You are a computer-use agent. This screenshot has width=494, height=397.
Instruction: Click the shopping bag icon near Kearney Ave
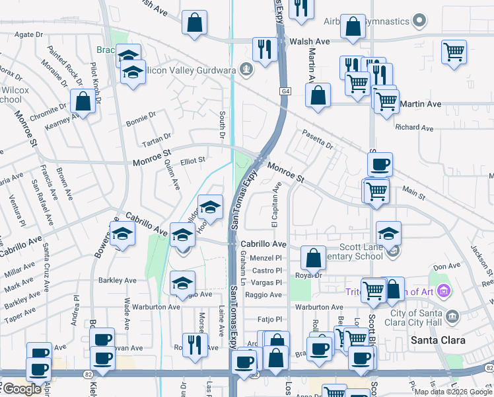tap(83, 102)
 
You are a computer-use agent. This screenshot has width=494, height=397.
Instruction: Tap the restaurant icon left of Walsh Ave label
tap(264, 49)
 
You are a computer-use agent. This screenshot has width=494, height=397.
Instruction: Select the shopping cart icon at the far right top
tap(454, 52)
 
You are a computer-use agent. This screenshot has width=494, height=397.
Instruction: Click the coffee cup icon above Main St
tap(380, 164)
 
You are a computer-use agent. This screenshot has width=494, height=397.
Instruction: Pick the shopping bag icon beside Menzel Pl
tap(313, 257)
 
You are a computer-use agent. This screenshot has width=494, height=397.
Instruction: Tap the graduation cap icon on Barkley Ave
tap(182, 283)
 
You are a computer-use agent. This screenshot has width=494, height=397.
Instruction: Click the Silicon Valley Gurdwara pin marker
tap(246, 68)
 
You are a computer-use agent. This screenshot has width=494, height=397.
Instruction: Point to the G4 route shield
tap(285, 91)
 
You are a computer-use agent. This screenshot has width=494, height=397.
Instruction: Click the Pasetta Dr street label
tap(318, 140)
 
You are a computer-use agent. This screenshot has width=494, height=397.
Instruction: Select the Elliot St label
tap(193, 159)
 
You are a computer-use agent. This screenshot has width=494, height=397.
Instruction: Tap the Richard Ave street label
tap(414, 127)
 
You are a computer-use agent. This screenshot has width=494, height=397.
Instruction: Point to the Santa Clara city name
tap(438, 340)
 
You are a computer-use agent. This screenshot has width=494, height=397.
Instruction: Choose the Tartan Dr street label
tap(157, 144)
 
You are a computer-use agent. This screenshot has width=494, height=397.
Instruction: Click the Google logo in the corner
tap(21, 389)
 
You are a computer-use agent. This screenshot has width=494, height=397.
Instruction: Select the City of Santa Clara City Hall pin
tap(452, 315)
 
